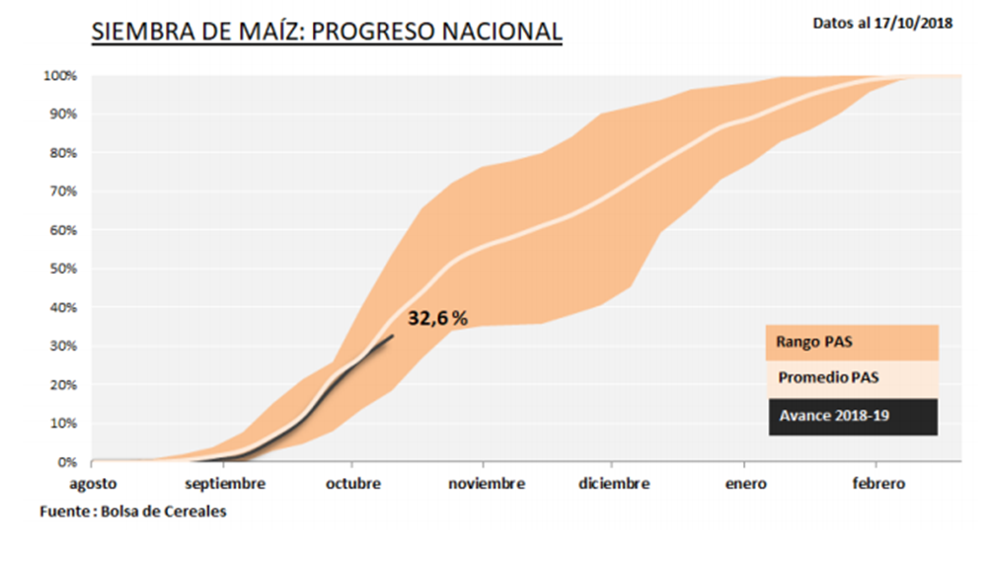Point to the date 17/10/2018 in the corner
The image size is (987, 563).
click(x=914, y=23)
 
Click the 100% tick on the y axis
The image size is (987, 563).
click(x=60, y=76)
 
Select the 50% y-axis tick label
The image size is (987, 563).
click(x=63, y=269)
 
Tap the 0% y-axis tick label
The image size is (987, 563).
click(x=67, y=461)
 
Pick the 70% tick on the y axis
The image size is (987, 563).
click(x=63, y=192)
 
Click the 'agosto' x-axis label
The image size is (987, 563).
click(x=92, y=483)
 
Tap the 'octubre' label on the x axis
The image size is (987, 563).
click(x=351, y=483)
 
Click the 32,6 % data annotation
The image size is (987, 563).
click(x=437, y=318)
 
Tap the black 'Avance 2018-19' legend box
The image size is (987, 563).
click(x=851, y=416)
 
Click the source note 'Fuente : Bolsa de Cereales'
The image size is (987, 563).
click(x=132, y=512)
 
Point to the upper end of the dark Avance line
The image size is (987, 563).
click(x=393, y=336)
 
